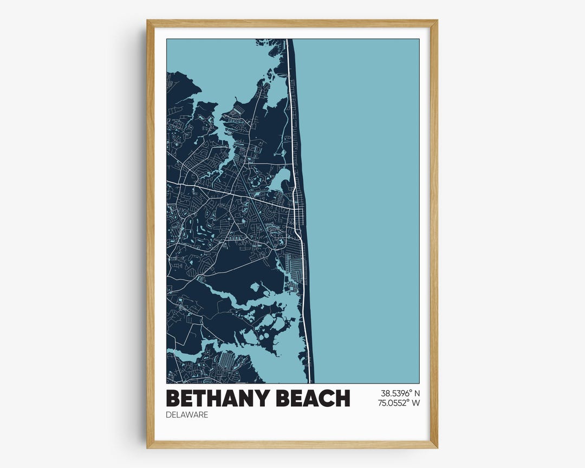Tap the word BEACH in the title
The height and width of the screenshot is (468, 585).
[313, 398]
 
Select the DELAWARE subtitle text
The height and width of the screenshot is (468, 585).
[187, 415]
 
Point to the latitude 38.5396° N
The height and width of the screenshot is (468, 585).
[399, 394]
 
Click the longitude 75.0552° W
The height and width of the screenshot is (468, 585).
[399, 403]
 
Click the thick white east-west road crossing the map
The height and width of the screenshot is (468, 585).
[217, 190]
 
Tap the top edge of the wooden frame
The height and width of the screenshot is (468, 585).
[292, 23]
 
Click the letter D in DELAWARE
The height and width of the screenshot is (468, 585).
[169, 415]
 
